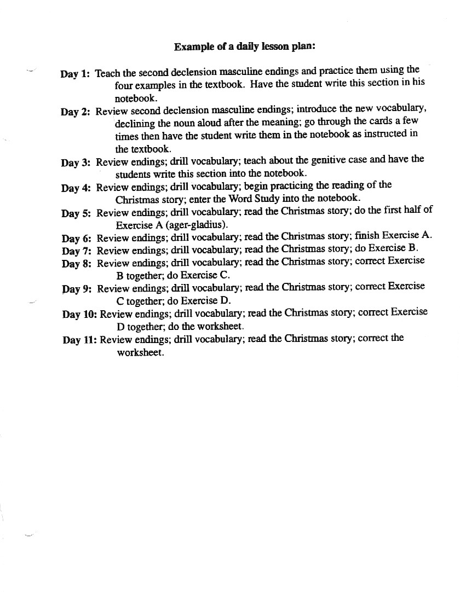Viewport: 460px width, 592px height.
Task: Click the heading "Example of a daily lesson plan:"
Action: click(x=244, y=47)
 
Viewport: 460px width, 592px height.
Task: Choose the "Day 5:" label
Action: click(x=76, y=213)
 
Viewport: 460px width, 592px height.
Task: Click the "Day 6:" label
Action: click(x=76, y=239)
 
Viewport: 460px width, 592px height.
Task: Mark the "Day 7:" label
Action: click(x=76, y=251)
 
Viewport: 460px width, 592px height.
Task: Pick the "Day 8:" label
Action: click(x=77, y=264)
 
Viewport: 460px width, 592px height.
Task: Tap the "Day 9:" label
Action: click(x=77, y=289)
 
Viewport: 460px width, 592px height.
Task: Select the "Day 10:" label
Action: click(x=79, y=315)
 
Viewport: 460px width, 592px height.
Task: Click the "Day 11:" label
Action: click(x=79, y=340)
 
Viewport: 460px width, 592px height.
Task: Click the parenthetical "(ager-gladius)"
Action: click(x=197, y=225)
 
